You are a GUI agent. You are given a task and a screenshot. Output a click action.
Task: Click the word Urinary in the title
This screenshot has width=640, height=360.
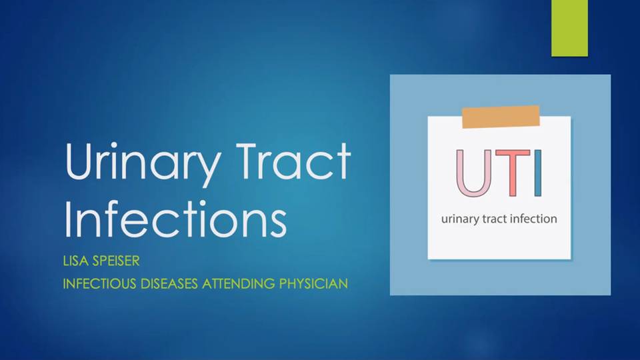click(x=143, y=164)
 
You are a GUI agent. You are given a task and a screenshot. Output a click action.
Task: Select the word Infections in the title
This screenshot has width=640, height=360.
click(x=175, y=219)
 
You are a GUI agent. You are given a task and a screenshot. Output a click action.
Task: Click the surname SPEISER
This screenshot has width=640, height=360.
click(x=116, y=261)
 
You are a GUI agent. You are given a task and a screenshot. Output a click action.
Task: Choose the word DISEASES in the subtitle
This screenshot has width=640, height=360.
click(x=169, y=283)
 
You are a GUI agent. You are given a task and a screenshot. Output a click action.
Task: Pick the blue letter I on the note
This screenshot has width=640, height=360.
click(x=538, y=173)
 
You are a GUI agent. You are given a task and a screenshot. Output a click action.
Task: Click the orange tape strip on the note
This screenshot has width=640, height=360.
click(x=501, y=117)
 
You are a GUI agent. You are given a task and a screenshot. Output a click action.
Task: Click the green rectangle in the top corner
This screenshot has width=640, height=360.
click(x=569, y=28)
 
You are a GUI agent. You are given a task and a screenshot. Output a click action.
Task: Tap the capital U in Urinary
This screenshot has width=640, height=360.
click(x=79, y=161)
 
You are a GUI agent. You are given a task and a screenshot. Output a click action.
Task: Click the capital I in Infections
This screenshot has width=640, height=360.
click(x=68, y=219)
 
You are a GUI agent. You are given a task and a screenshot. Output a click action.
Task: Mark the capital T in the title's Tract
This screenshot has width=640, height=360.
click(x=250, y=161)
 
